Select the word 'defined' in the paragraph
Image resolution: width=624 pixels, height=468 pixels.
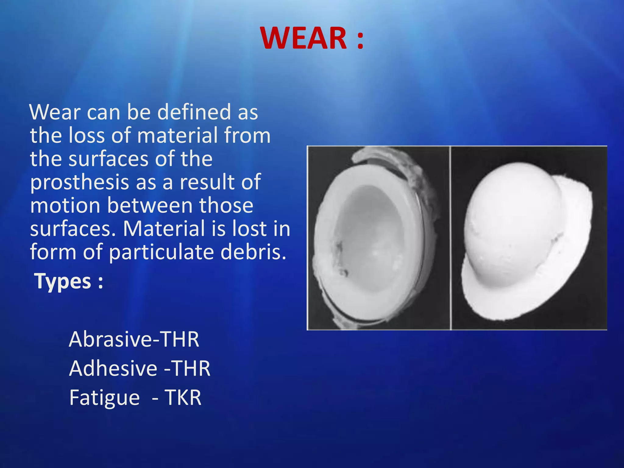tap(194, 112)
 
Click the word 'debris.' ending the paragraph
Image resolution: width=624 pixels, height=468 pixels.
tap(253, 252)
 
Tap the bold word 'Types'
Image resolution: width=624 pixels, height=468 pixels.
tap(63, 281)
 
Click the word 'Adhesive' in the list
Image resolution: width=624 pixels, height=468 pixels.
tap(113, 368)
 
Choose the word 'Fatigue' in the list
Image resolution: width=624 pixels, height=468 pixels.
tap(105, 398)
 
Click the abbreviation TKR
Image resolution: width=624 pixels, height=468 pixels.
tap(183, 398)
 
